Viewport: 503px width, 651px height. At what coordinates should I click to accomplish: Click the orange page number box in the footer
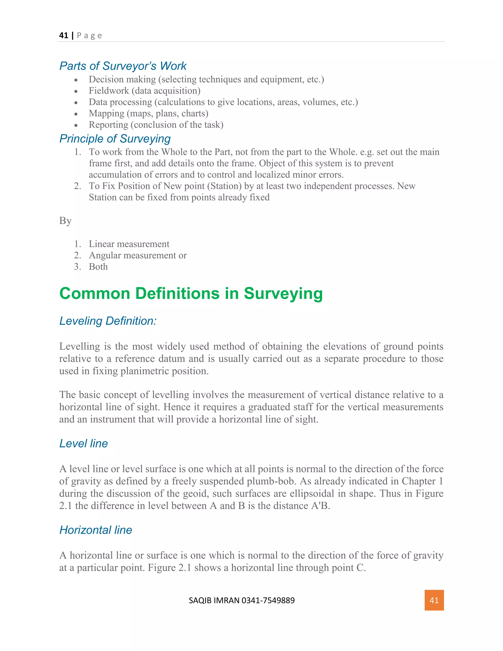(x=434, y=600)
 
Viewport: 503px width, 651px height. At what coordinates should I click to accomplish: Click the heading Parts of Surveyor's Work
(x=123, y=66)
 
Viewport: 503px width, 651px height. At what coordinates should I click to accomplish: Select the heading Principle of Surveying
(x=115, y=139)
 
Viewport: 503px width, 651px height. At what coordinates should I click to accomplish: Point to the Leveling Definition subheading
(x=108, y=321)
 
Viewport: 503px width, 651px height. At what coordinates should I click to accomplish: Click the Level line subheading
(x=84, y=443)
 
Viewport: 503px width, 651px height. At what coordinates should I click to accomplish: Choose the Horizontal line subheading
(x=96, y=530)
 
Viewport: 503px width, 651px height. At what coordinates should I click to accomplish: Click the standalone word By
(x=65, y=221)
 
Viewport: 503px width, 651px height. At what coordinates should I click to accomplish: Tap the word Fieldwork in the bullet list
(x=109, y=91)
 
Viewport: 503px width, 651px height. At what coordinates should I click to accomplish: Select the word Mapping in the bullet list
(x=106, y=113)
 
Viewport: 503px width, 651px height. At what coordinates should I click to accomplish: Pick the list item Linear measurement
(x=129, y=244)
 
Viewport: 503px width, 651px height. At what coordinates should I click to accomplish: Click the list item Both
(x=98, y=267)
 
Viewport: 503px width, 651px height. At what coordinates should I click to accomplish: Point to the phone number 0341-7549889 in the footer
(x=268, y=600)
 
